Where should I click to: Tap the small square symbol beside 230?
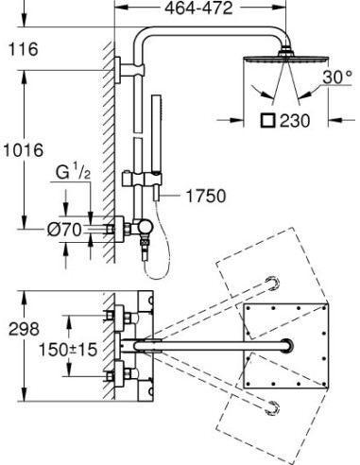click(269, 119)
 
